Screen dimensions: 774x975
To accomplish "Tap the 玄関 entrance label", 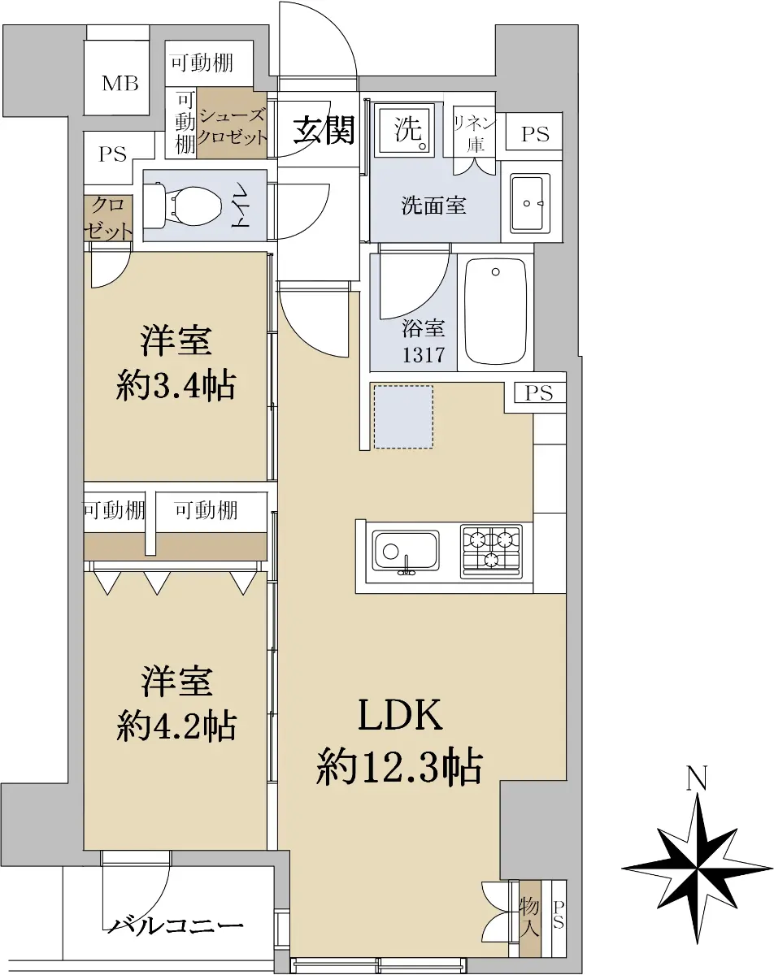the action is (324, 130).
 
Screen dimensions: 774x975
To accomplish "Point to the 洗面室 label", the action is (433, 206).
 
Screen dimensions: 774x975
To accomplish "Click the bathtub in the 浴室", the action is (495, 311).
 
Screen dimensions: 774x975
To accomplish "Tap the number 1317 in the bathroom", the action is (424, 355).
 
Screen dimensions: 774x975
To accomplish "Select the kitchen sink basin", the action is (405, 552).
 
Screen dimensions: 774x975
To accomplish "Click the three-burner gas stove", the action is (491, 552).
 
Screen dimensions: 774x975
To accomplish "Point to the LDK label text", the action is (400, 714).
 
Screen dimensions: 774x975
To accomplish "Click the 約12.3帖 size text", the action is (399, 766).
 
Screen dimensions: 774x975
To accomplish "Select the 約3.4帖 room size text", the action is (176, 386).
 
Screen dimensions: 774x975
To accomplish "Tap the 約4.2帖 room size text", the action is (176, 726).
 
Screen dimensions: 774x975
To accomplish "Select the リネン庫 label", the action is (475, 133).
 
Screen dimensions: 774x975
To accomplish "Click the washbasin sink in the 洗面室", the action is (530, 203).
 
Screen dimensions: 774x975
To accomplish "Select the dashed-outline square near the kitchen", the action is (403, 417).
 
